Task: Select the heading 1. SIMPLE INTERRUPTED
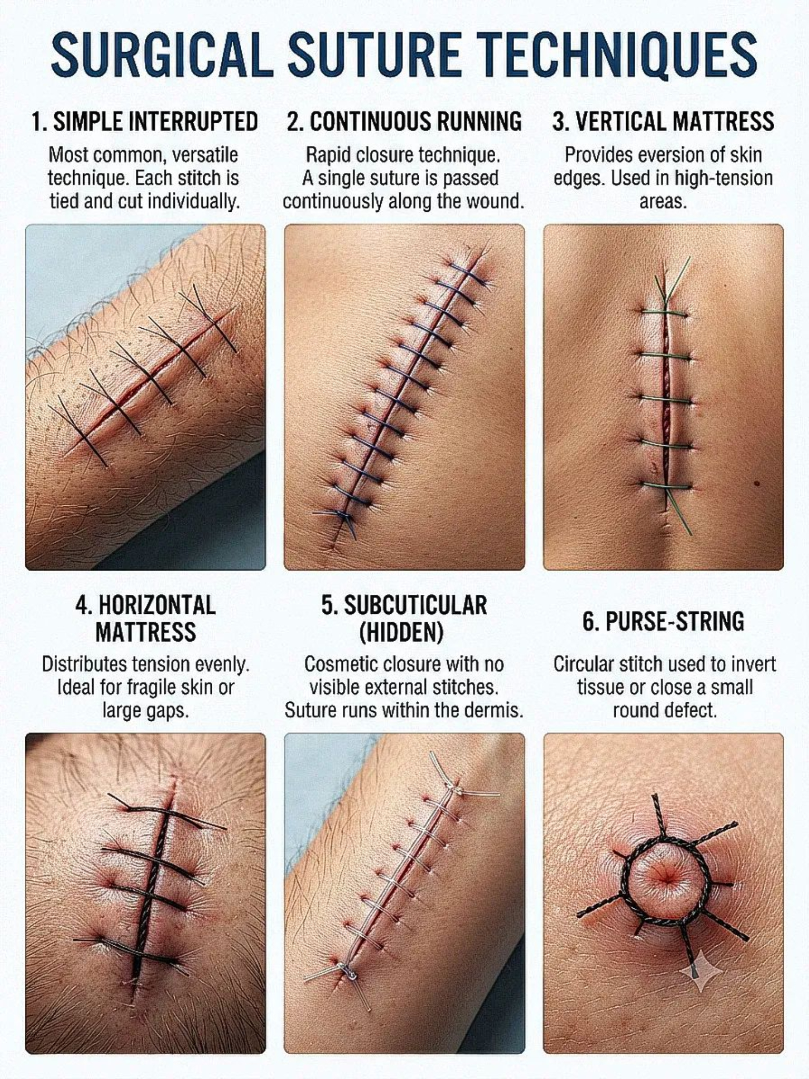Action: [145, 122]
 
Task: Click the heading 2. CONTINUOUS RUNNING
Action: [404, 122]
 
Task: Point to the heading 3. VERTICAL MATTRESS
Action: [663, 122]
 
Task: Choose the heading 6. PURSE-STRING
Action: [663, 622]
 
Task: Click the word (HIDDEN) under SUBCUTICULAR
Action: [401, 632]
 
